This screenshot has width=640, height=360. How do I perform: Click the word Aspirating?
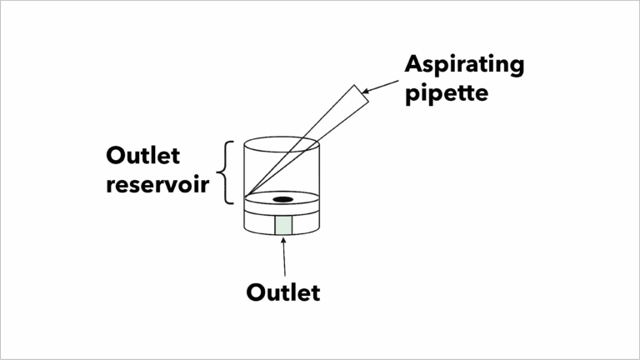point(464,64)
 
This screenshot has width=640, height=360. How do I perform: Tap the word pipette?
point(446,92)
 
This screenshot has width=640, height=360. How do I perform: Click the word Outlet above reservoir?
point(142,156)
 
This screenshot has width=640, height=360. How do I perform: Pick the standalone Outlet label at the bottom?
point(283,292)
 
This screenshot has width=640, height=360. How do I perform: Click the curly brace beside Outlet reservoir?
point(225,172)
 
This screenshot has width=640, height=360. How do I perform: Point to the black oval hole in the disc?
point(282,199)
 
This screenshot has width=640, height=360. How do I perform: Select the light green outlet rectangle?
point(282,224)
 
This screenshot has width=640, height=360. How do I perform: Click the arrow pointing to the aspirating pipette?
point(380,82)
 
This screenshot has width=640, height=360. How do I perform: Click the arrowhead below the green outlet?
point(282,240)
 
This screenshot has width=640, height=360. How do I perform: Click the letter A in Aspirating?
point(414,64)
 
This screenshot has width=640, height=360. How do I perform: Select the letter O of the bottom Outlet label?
point(256,292)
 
